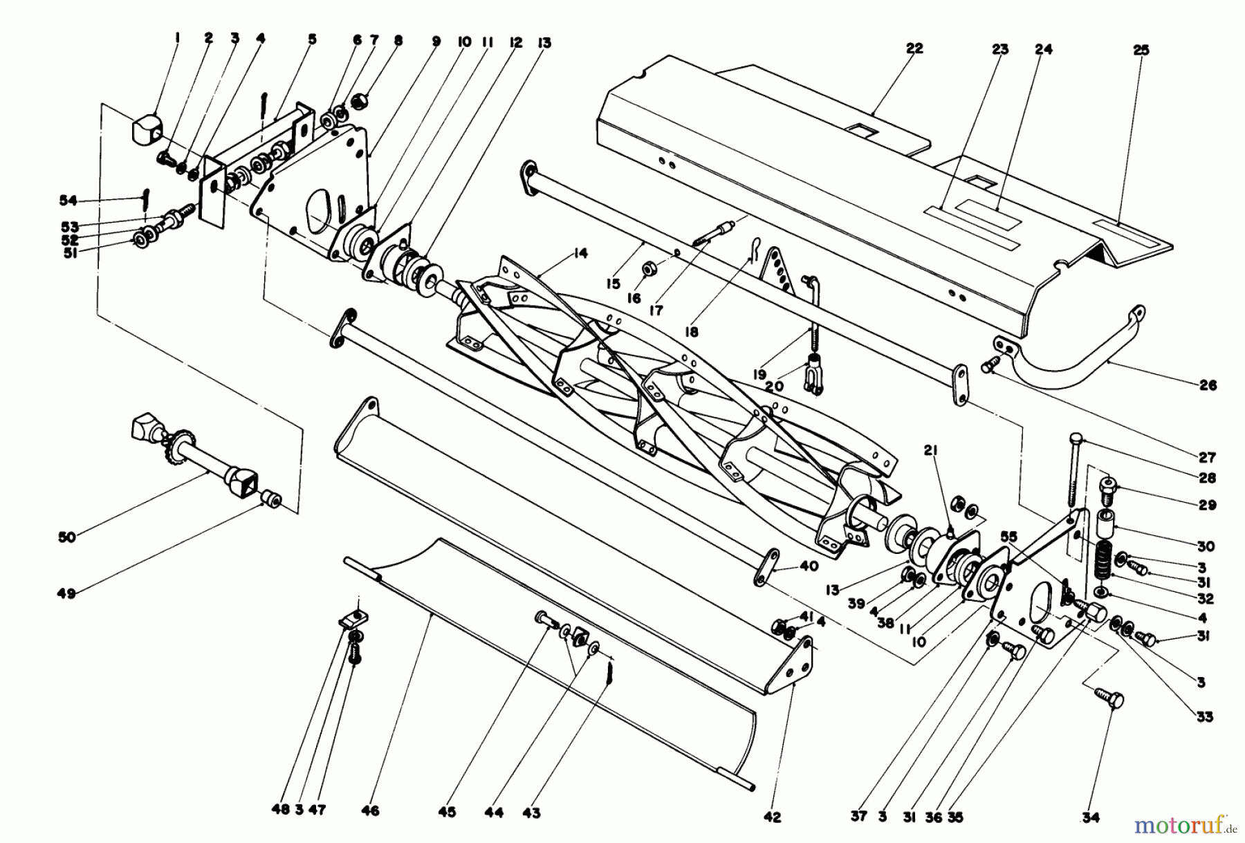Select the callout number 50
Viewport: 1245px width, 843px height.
(x=66, y=537)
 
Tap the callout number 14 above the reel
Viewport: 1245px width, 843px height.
(x=580, y=254)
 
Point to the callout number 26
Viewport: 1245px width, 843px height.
(x=1208, y=385)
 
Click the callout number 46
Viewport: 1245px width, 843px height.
(x=370, y=810)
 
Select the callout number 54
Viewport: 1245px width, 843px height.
(x=68, y=201)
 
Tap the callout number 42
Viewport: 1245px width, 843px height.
(x=772, y=817)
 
